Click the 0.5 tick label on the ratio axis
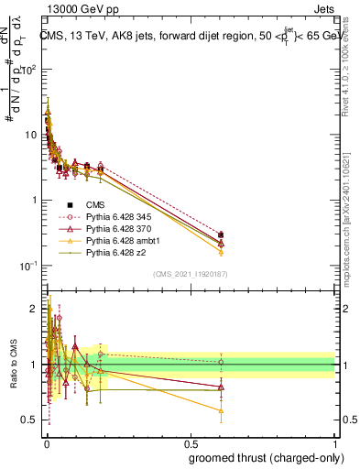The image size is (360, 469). [30, 420]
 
